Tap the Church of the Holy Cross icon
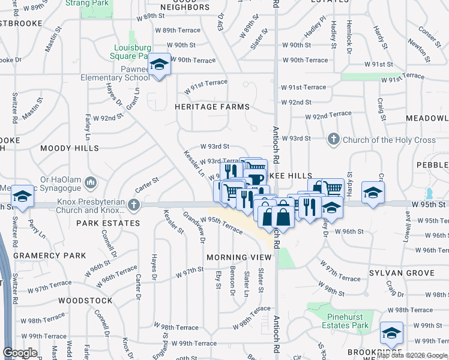tap(334, 140)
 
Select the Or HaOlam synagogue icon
tap(91, 181)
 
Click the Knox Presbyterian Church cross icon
tap(133, 206)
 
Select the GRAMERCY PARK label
tap(50, 256)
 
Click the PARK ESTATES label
tap(108, 223)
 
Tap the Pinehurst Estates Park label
tap(339, 321)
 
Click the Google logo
tap(20, 353)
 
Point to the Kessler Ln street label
tap(194, 163)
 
